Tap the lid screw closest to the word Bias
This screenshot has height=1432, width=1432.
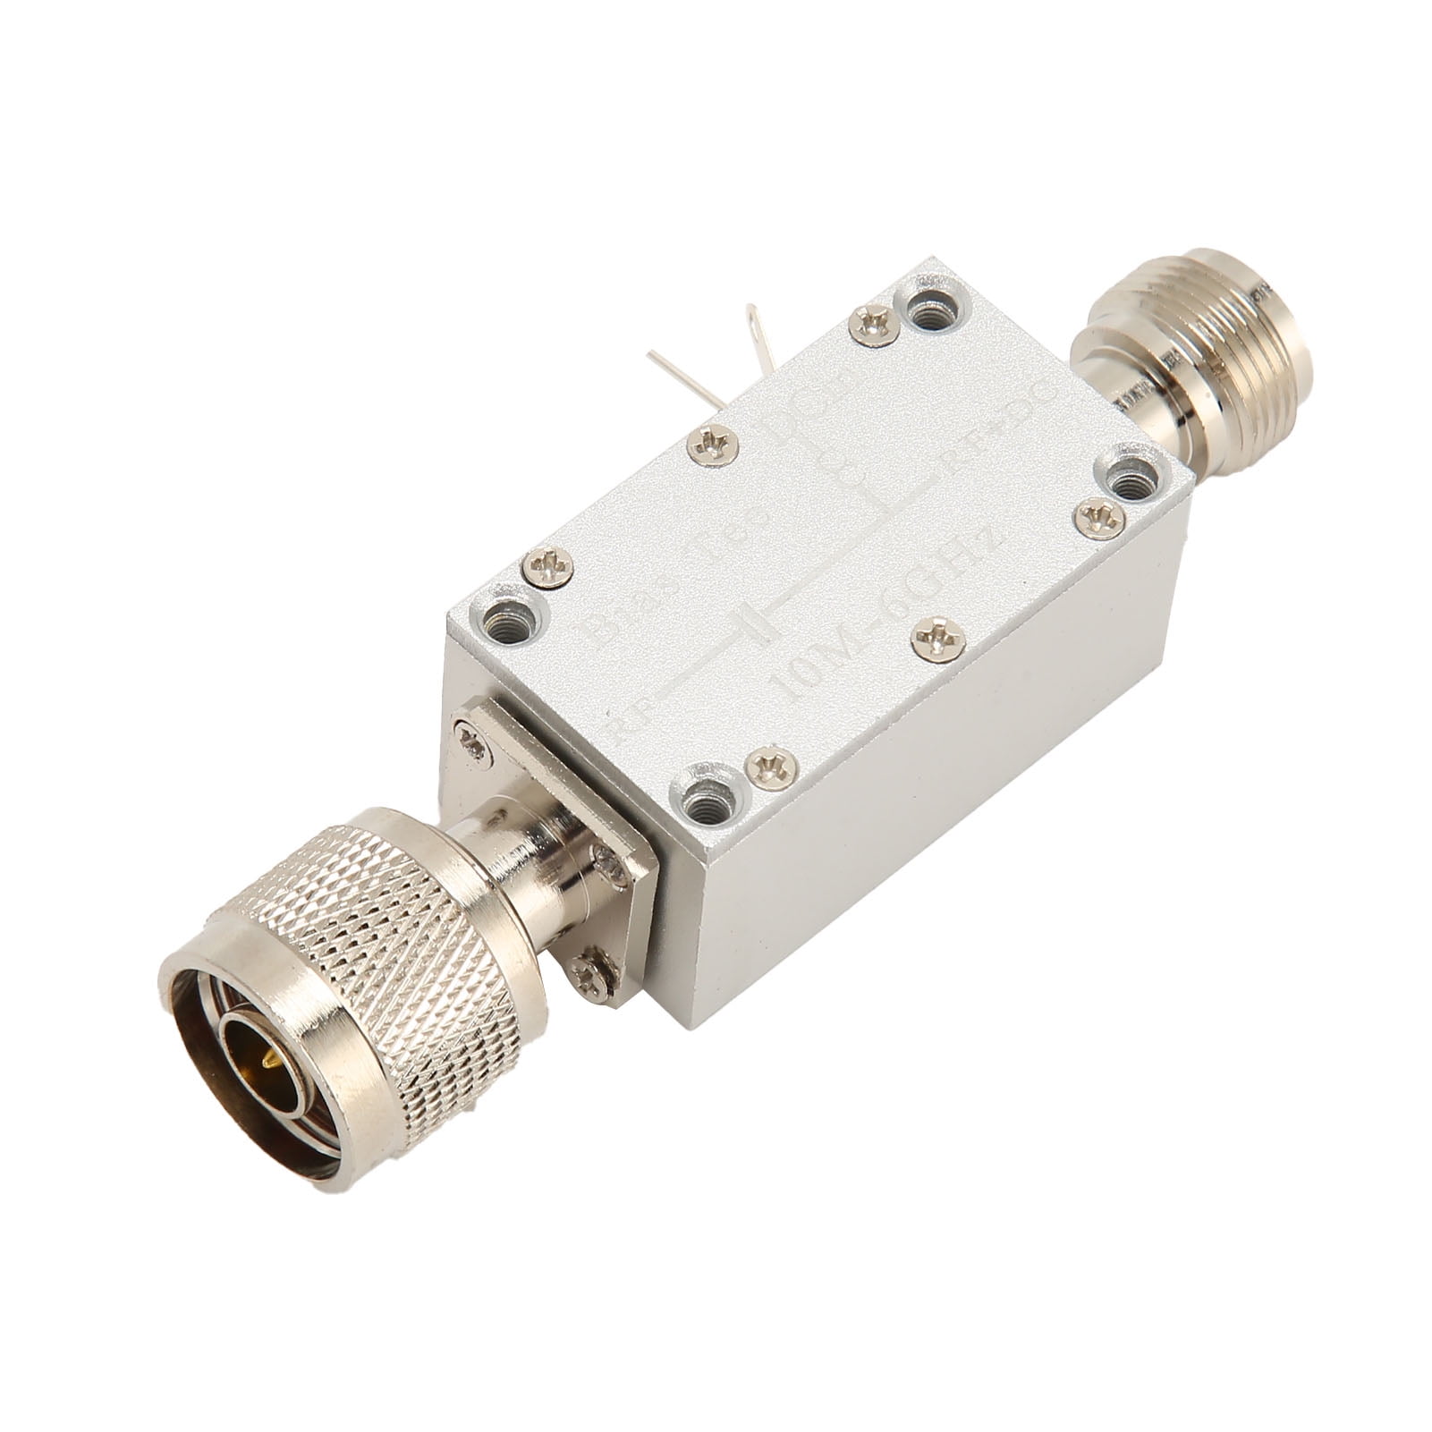point(547,566)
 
